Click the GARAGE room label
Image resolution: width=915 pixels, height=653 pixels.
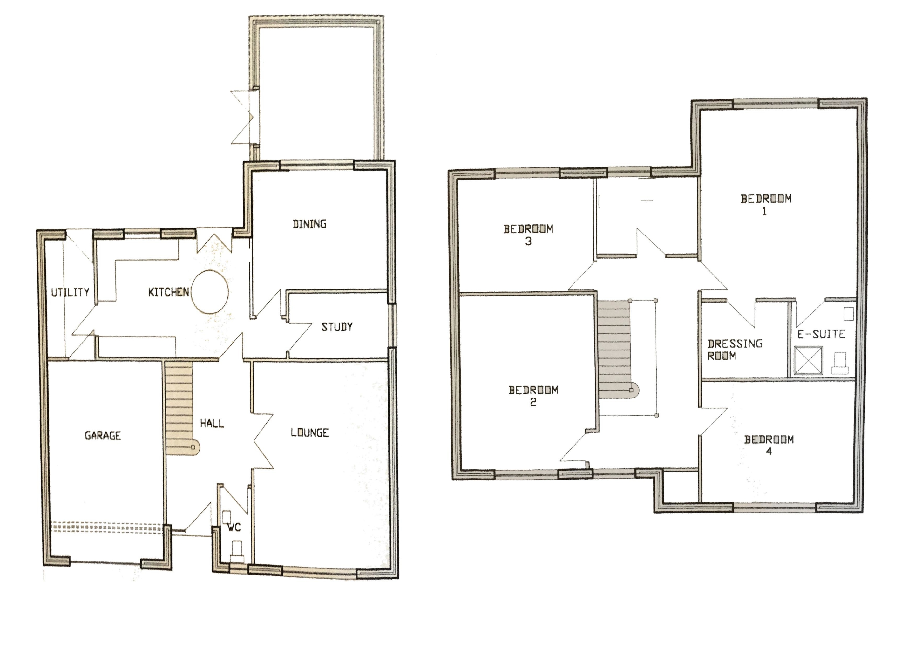point(103,435)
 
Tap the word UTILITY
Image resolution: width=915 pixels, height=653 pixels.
point(70,292)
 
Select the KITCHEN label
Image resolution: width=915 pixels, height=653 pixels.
point(169,292)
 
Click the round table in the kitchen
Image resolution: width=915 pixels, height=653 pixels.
point(210,292)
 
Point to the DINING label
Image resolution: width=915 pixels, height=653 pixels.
point(309,224)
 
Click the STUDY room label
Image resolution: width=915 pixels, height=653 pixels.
point(337,327)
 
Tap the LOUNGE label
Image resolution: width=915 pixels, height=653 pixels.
point(309,433)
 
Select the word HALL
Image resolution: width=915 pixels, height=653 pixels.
point(212,423)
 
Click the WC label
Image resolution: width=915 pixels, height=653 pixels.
point(234,527)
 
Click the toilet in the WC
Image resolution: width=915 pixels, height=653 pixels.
point(236,552)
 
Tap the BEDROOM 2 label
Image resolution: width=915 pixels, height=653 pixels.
point(533,396)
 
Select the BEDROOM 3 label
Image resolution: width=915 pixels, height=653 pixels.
point(528,235)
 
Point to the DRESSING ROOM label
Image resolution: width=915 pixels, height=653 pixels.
point(735,350)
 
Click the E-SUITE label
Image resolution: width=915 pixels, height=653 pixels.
point(821,334)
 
